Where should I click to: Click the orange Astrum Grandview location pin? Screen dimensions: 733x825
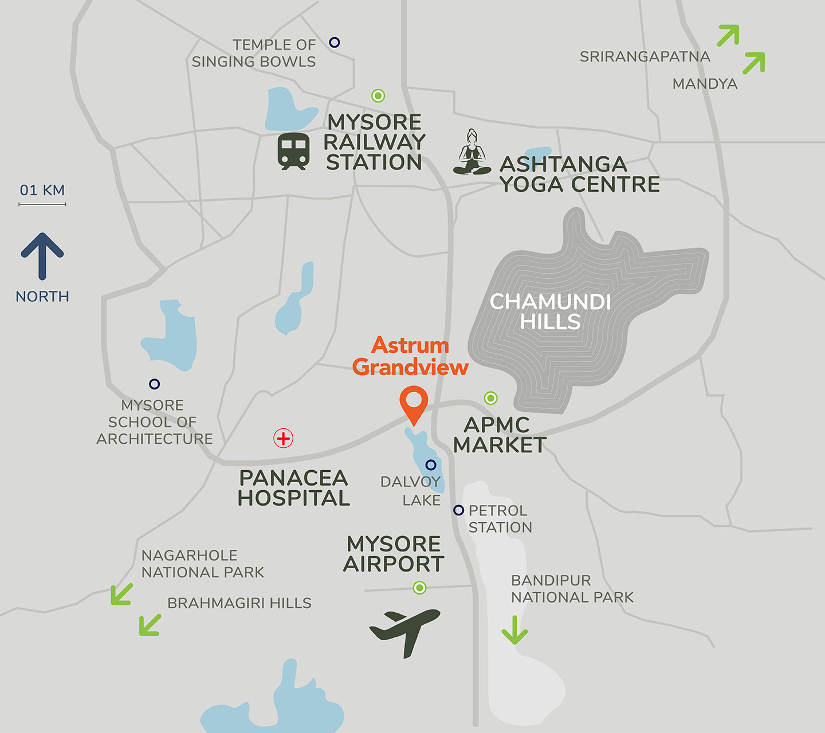pyautogui.click(x=414, y=403)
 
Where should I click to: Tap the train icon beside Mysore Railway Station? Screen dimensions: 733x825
pyautogui.click(x=294, y=151)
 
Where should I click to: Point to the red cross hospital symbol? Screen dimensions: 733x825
pyautogui.click(x=283, y=439)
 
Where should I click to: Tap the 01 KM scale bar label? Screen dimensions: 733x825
pyautogui.click(x=42, y=190)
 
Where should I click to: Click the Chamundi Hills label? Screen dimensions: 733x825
pyautogui.click(x=550, y=312)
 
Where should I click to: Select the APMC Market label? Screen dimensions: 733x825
pyautogui.click(x=500, y=435)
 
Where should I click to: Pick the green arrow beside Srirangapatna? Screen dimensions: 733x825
pyautogui.click(x=728, y=36)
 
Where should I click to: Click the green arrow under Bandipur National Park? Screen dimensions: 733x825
pyautogui.click(x=514, y=630)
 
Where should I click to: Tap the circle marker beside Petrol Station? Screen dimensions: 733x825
pyautogui.click(x=458, y=510)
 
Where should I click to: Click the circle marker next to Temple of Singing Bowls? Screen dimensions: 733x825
pyautogui.click(x=335, y=42)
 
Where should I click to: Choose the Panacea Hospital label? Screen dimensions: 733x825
pyautogui.click(x=293, y=488)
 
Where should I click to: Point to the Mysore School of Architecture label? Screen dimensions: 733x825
pyautogui.click(x=154, y=422)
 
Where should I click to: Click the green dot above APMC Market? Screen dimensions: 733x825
pyautogui.click(x=490, y=398)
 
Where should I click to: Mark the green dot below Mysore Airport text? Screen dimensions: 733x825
pyautogui.click(x=419, y=588)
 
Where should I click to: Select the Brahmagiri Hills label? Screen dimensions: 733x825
pyautogui.click(x=239, y=603)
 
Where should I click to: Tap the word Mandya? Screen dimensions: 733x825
pyautogui.click(x=705, y=84)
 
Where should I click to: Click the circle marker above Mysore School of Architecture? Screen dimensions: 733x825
pyautogui.click(x=154, y=384)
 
